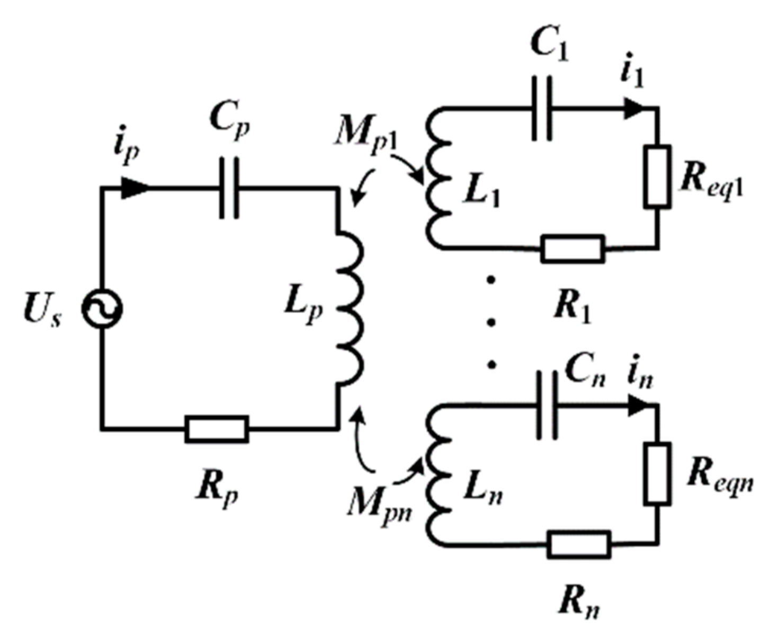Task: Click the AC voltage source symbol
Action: (x=102, y=309)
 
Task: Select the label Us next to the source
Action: (x=42, y=311)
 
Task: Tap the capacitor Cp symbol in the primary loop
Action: (x=229, y=188)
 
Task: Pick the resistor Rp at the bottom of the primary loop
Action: (x=217, y=429)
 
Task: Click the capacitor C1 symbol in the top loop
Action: (x=542, y=109)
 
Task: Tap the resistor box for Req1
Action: (x=657, y=176)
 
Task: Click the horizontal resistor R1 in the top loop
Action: (x=573, y=249)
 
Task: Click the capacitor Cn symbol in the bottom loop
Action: (x=547, y=405)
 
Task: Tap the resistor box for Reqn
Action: (x=657, y=473)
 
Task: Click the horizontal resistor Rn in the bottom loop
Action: (x=578, y=544)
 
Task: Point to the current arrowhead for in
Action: (x=638, y=406)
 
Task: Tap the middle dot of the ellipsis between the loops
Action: (x=492, y=322)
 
